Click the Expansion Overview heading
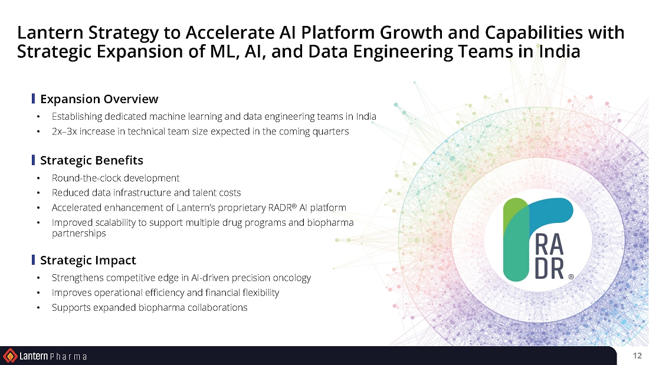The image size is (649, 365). pyautogui.click(x=99, y=99)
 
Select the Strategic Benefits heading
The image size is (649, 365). pyautogui.click(x=91, y=160)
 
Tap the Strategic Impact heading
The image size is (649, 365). pyautogui.click(x=88, y=260)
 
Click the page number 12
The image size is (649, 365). pyautogui.click(x=637, y=356)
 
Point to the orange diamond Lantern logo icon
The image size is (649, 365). pyautogui.click(x=10, y=356)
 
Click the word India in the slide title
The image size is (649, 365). pyautogui.click(x=559, y=52)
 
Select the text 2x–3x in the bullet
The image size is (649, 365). pyautogui.click(x=64, y=131)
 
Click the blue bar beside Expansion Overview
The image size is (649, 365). pyautogui.click(x=33, y=98)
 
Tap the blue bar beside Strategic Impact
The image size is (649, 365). pyautogui.click(x=33, y=259)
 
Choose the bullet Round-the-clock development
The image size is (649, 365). pyautogui.click(x=116, y=178)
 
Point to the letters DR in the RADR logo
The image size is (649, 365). pyautogui.click(x=549, y=269)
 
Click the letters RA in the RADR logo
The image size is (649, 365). pyautogui.click(x=549, y=244)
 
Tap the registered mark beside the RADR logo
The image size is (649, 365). pyautogui.click(x=571, y=277)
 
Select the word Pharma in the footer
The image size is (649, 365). pyautogui.click(x=68, y=357)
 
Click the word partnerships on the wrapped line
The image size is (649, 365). pyautogui.click(x=78, y=234)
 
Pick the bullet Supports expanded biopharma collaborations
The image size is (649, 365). pyautogui.click(x=149, y=308)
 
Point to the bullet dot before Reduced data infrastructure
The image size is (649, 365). pyautogui.click(x=38, y=193)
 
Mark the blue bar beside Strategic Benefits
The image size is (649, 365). pyautogui.click(x=33, y=160)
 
